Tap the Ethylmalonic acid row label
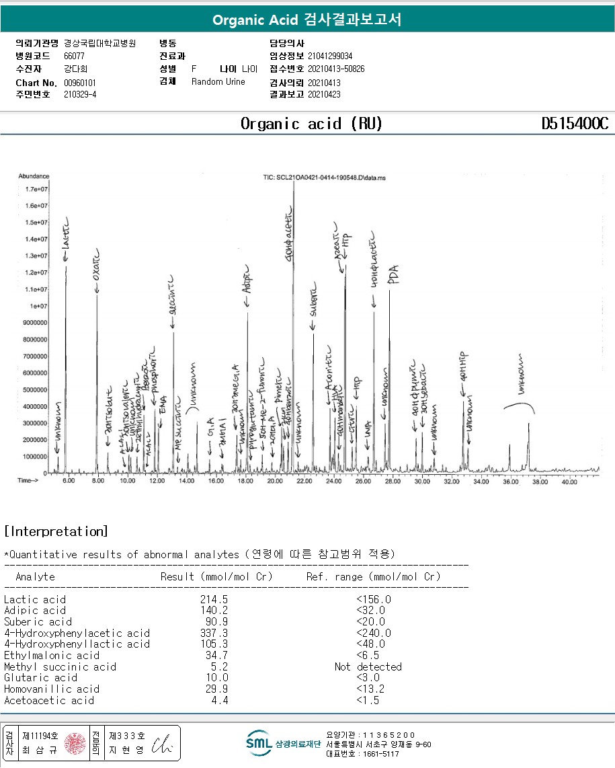pos(52,655)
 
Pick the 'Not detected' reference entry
pos(368,666)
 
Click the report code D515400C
pos(575,124)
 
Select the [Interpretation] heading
pos(56,531)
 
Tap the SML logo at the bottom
pos(259,743)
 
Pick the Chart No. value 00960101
pos(80,82)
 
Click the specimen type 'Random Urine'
pos(218,82)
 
